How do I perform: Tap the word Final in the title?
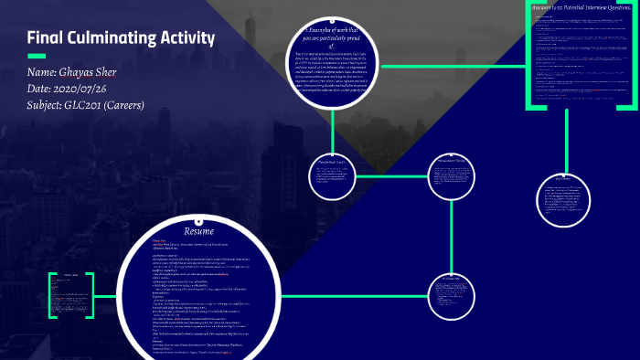[45, 38]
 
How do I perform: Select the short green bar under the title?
[37, 57]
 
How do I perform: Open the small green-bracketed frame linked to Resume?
[69, 294]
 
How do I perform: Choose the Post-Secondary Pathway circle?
[453, 176]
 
